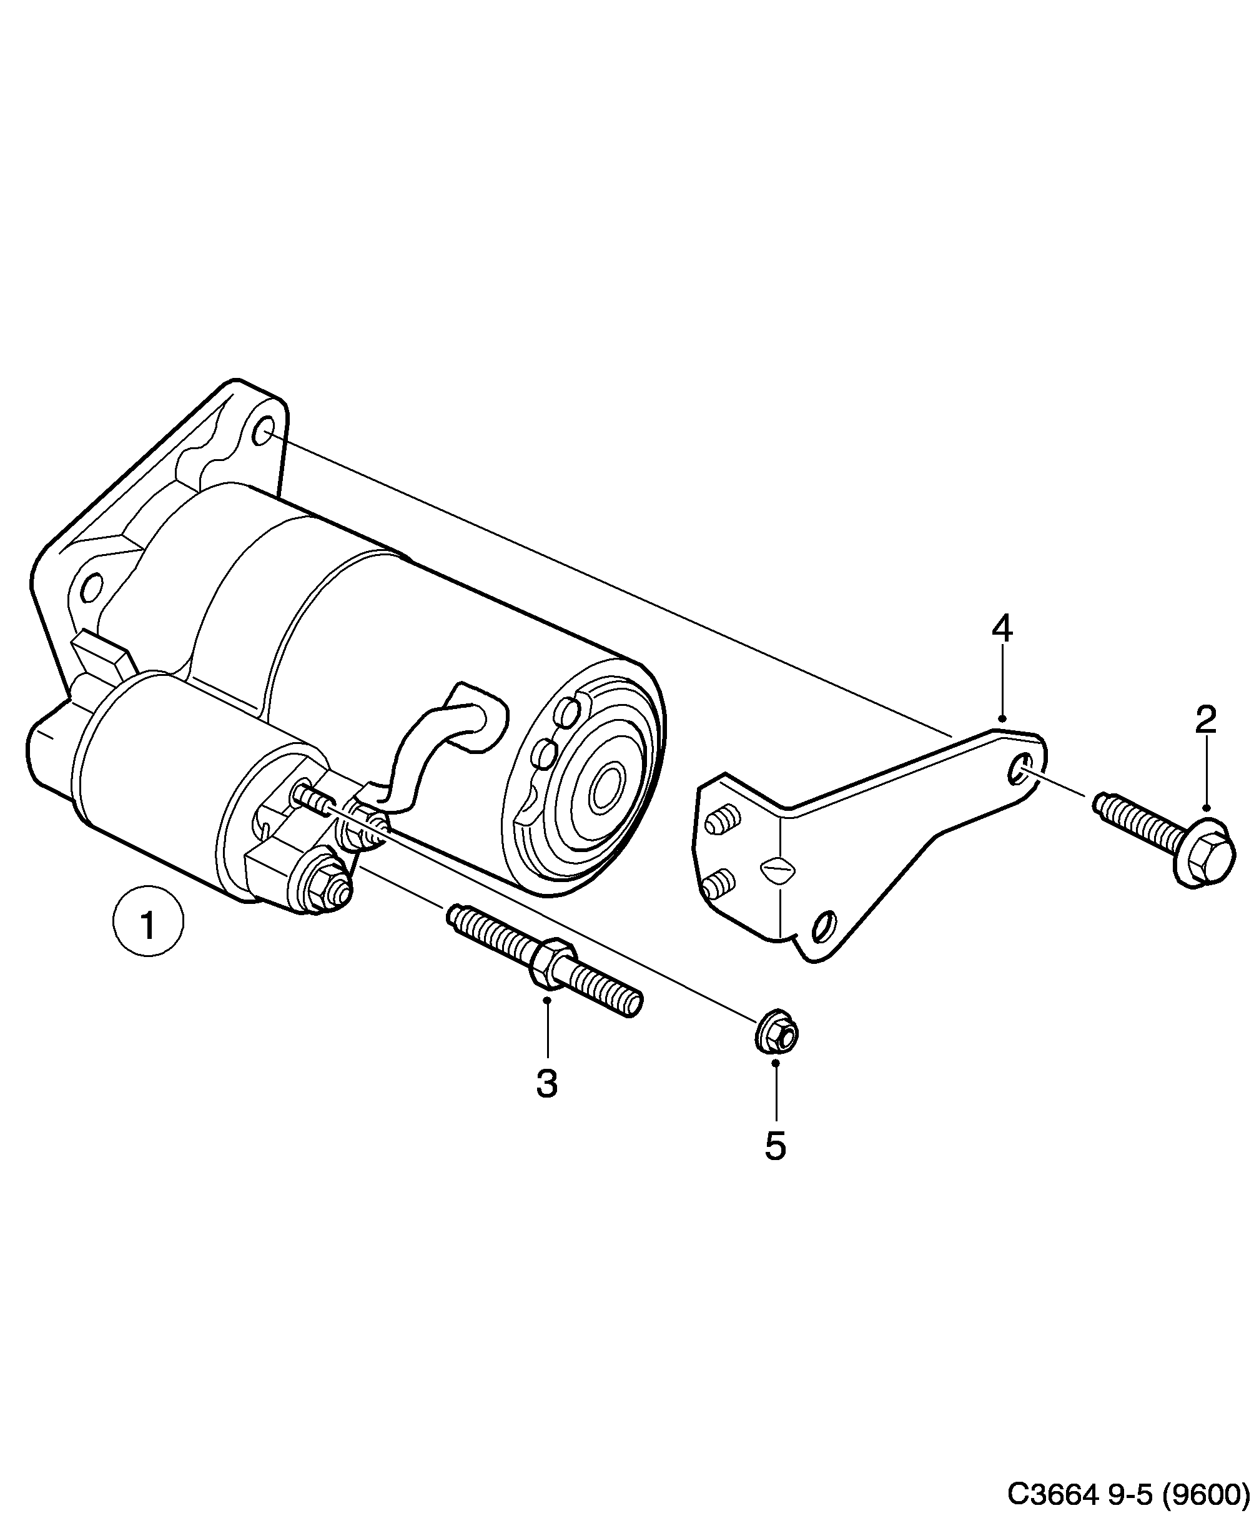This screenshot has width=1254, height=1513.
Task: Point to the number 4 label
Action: [1001, 628]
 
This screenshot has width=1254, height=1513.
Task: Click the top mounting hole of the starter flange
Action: [263, 431]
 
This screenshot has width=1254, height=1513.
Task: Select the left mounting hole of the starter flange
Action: [91, 588]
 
